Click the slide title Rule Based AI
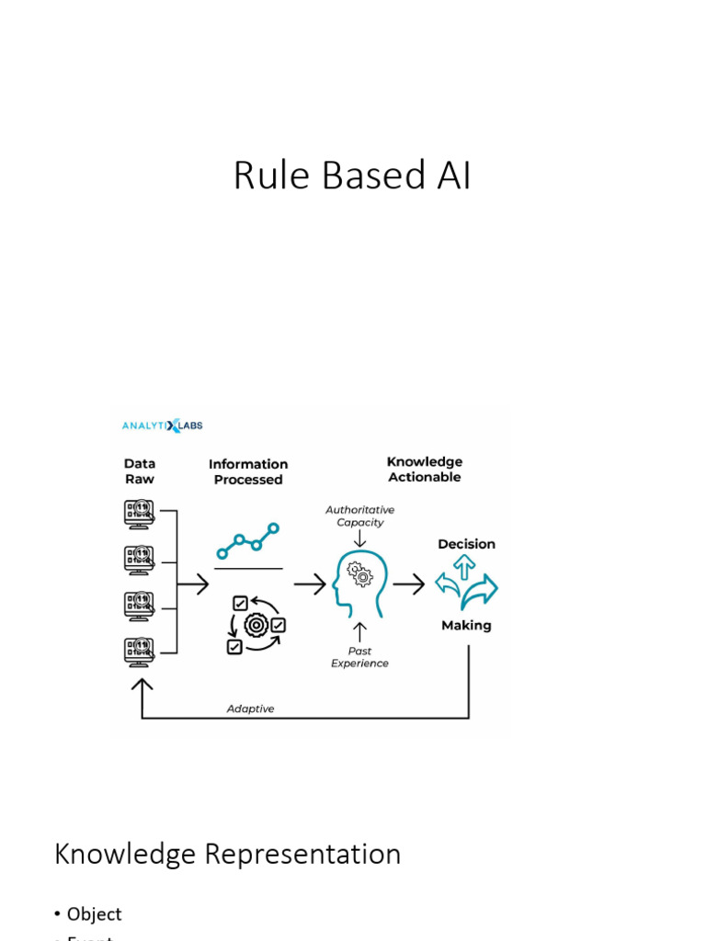pos(352,176)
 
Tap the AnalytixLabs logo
pos(163,425)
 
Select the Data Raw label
pos(140,471)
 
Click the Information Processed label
pos(248,472)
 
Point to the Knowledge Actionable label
pos(425,470)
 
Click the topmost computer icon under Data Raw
pos(140,513)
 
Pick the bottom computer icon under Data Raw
pos(140,652)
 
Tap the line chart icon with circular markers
pos(248,542)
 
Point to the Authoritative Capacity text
pos(360,516)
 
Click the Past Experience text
pos(359,657)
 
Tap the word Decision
pos(466,544)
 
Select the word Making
pos(466,626)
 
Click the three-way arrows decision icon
pos(466,584)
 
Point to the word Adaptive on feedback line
pos(250,709)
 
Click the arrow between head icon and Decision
pos(409,584)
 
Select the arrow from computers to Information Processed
pos(193,584)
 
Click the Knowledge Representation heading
pos(228,854)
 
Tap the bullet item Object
pos(94,914)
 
